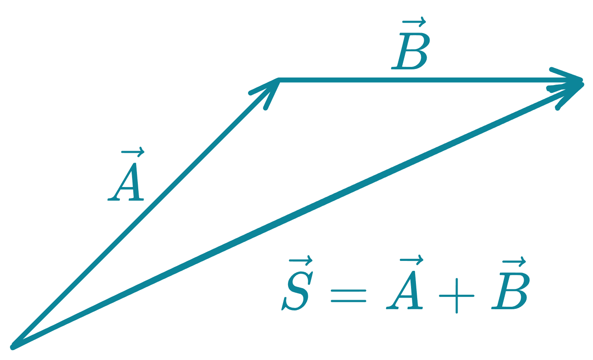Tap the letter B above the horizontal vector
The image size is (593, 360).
pyautogui.click(x=410, y=51)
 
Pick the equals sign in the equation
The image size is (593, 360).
pyautogui.click(x=348, y=295)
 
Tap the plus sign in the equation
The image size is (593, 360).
pyautogui.click(x=456, y=295)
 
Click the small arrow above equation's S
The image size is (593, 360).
pyautogui.click(x=300, y=261)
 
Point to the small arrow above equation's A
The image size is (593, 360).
pyautogui.click(x=412, y=260)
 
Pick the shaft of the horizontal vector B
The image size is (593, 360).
pyautogui.click(x=413, y=80)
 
